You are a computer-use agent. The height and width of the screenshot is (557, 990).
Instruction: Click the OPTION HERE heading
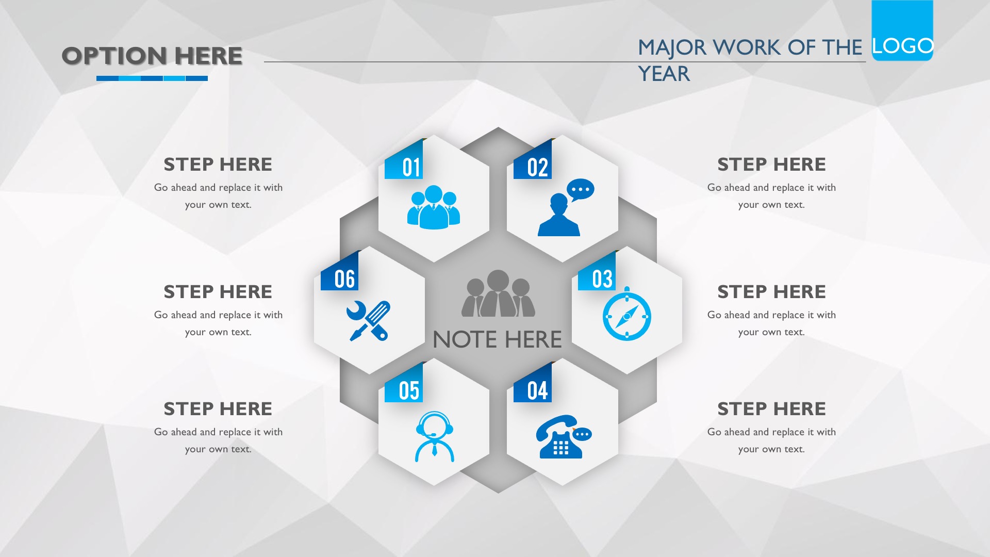point(152,56)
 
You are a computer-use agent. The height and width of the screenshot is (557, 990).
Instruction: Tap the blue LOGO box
point(902,30)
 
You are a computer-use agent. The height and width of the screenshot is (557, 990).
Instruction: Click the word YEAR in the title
point(664,74)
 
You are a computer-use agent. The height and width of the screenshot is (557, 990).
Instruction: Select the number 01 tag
point(404,161)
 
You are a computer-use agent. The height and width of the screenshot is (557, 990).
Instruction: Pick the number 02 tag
point(533,161)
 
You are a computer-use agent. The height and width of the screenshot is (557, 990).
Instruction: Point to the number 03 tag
point(597,272)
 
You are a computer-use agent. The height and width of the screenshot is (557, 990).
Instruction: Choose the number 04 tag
point(533,384)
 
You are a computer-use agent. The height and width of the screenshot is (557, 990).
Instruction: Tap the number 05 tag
point(404,384)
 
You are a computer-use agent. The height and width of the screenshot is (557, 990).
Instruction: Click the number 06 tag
point(340,272)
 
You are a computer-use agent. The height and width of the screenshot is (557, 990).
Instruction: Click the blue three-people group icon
point(434,207)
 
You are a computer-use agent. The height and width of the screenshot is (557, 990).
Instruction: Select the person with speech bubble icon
point(566,207)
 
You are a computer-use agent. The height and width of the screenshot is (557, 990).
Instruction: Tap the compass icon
point(626,314)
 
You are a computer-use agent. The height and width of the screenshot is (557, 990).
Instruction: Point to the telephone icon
point(563,436)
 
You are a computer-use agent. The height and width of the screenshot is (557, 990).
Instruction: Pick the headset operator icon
point(435,436)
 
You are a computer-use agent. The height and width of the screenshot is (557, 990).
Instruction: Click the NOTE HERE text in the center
point(497,339)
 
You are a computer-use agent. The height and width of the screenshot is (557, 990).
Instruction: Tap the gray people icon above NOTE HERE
point(498,293)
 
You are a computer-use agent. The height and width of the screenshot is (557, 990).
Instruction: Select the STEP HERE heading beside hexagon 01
point(218,164)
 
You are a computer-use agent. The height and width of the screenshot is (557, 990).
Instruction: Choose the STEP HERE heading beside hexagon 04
point(771,408)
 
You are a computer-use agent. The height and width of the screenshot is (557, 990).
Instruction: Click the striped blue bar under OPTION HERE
point(152,78)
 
